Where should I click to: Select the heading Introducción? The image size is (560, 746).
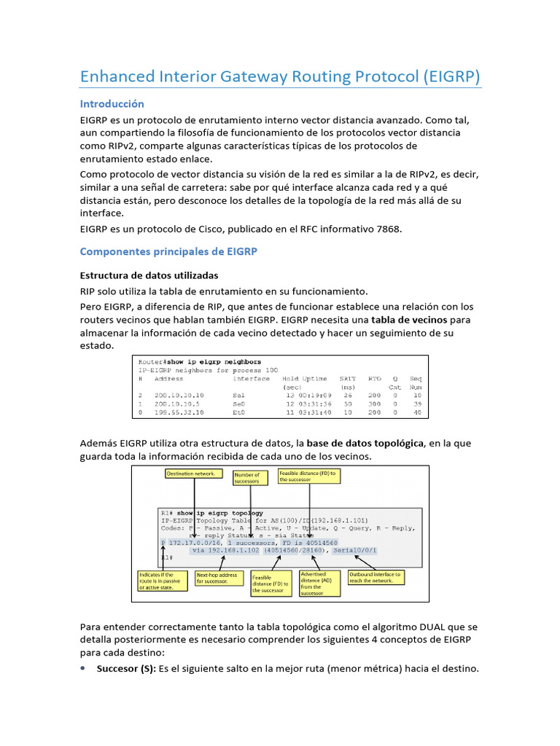[112, 103]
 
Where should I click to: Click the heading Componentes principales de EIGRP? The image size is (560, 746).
[168, 251]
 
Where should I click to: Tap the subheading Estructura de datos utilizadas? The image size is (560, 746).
[149, 275]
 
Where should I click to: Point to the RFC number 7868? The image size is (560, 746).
[386, 229]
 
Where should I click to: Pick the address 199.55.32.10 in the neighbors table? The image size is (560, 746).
[179, 412]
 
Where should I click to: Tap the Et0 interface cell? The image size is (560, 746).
[239, 412]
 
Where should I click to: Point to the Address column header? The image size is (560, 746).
[169, 379]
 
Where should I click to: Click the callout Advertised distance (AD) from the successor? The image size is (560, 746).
[319, 584]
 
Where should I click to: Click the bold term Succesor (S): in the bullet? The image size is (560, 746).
[128, 668]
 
